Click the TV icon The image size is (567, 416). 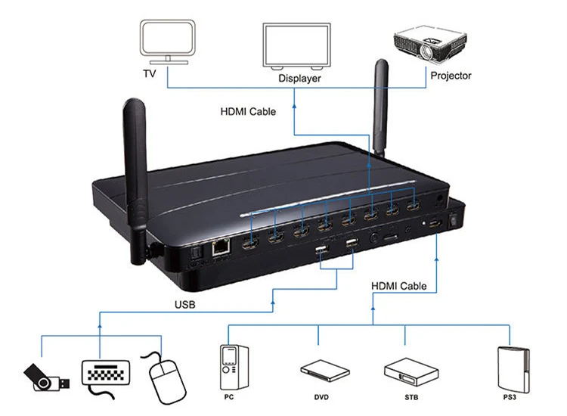167,42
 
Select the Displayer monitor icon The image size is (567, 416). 296,46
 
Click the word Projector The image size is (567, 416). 451,76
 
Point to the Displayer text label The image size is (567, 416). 299,78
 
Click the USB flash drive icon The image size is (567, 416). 46,377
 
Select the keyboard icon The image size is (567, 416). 106,377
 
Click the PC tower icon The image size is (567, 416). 234,367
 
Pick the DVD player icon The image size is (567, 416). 325,371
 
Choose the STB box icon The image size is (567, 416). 411,372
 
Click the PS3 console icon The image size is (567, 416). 513,370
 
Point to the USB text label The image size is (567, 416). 184,305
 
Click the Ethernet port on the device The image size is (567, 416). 222,248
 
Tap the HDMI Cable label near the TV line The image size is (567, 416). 248,111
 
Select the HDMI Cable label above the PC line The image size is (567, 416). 399,286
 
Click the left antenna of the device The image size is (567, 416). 135,181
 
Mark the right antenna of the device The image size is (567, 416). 380,108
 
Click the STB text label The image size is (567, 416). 411,397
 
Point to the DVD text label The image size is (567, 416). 321,397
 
